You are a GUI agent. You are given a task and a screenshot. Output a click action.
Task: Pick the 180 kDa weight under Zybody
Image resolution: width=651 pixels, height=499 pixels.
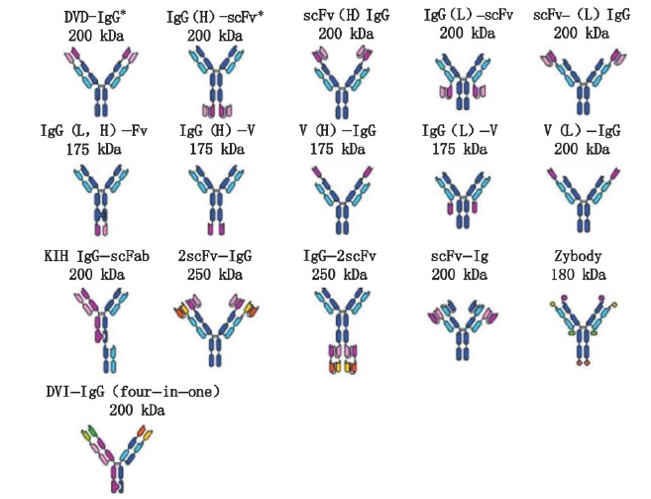579,273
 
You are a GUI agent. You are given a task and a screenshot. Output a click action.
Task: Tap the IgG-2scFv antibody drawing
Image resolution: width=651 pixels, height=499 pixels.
343,332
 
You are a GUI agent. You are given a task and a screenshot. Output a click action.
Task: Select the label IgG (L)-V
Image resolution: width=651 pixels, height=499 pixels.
462,132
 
